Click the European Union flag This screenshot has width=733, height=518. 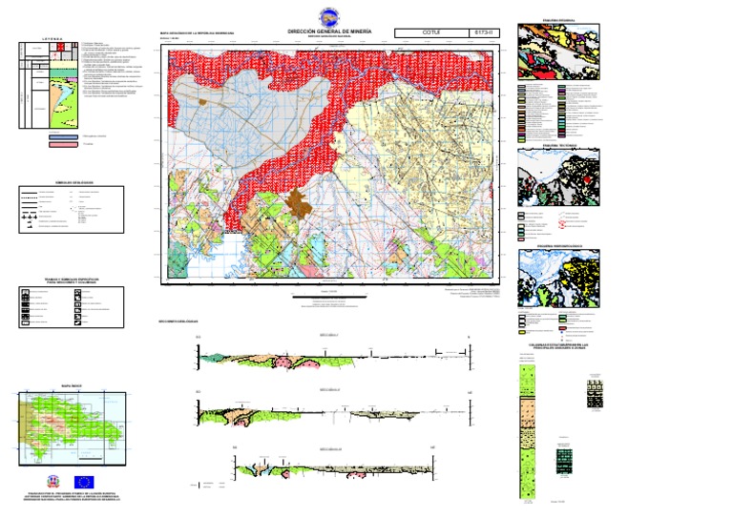[83, 483]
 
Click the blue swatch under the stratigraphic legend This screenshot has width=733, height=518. [64, 136]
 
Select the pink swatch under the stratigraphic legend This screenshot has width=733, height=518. [64, 146]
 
